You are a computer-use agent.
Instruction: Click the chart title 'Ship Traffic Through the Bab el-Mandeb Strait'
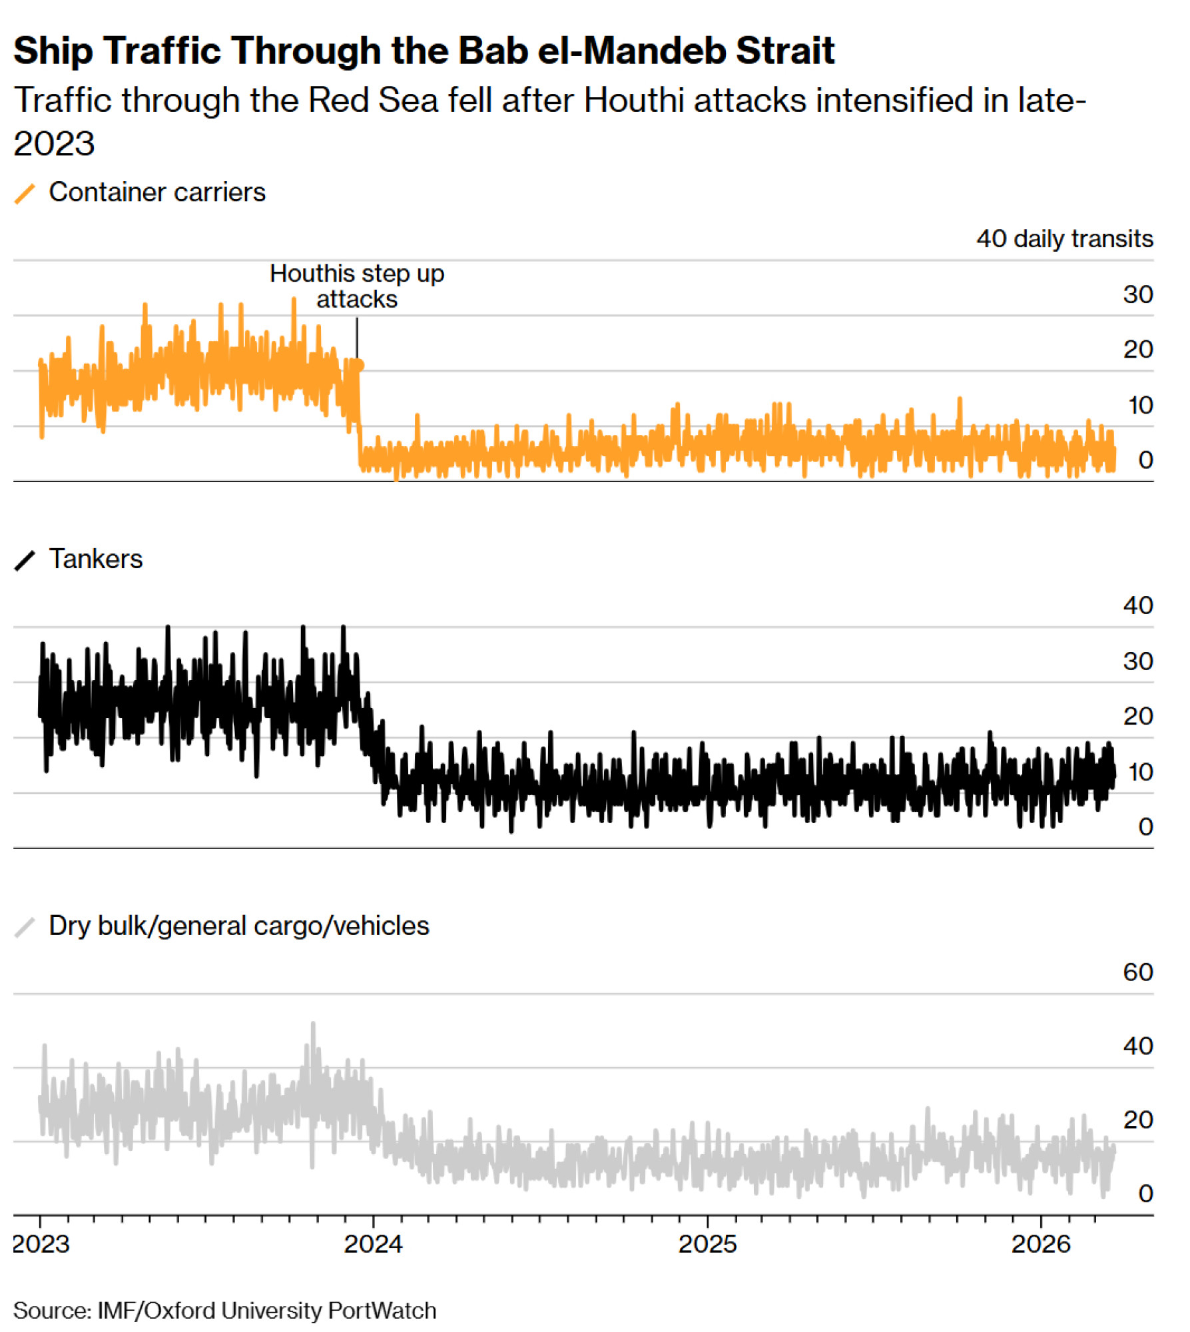pyautogui.click(x=424, y=51)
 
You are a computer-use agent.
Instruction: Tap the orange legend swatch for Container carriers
pyautogui.click(x=25, y=194)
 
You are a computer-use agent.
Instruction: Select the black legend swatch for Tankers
pyautogui.click(x=25, y=561)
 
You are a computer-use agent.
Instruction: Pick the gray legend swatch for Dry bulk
pyautogui.click(x=25, y=928)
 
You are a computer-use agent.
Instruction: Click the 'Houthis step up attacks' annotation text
pyautogui.click(x=357, y=286)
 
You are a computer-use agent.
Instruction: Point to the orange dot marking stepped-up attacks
pyautogui.click(x=359, y=365)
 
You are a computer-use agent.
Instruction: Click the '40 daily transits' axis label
pyautogui.click(x=1064, y=238)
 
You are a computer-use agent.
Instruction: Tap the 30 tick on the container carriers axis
pyautogui.click(x=1137, y=294)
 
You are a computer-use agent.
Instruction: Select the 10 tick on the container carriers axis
pyautogui.click(x=1139, y=405)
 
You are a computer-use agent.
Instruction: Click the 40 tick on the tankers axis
pyautogui.click(x=1137, y=605)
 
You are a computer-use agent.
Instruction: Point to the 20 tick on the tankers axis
pyautogui.click(x=1137, y=716)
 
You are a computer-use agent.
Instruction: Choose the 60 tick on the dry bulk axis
pyautogui.click(x=1137, y=972)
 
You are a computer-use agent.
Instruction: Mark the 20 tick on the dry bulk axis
pyautogui.click(x=1137, y=1120)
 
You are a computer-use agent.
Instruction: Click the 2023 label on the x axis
pyautogui.click(x=41, y=1244)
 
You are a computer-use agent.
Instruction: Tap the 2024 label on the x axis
pyautogui.click(x=374, y=1244)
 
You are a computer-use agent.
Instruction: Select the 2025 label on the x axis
pyautogui.click(x=708, y=1244)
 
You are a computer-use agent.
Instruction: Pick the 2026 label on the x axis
pyautogui.click(x=1041, y=1244)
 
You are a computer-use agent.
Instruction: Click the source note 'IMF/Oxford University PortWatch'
pyautogui.click(x=266, y=1311)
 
